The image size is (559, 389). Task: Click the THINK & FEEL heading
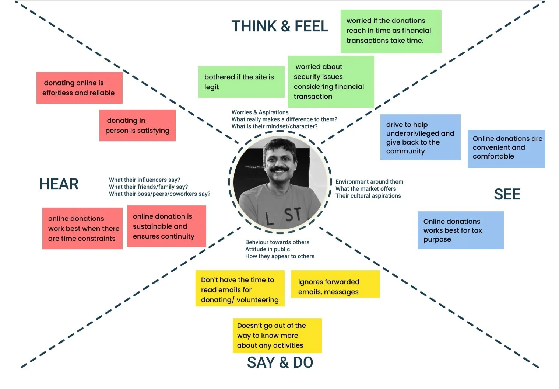pos(280,27)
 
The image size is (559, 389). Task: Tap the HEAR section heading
pos(59,184)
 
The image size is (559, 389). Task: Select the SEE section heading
pos(507,194)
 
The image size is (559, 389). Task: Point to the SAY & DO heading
pos(280,362)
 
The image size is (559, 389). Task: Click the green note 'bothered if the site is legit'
pos(241,82)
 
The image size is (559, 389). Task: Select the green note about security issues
pos(331,81)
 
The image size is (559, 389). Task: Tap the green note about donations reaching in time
pos(391,31)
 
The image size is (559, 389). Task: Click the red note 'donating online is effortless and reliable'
pos(79,88)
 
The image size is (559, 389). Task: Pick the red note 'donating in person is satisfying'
pos(137,125)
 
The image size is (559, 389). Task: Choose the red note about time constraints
pos(82,229)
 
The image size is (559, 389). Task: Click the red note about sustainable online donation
pos(166,226)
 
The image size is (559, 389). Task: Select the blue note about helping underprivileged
pos(420,138)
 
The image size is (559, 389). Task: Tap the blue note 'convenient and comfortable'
pos(506,149)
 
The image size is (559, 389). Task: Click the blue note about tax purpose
pos(460,230)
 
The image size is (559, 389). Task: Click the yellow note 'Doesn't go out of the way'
pos(277,336)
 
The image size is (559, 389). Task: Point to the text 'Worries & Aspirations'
pos(260,112)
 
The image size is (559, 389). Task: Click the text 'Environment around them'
pos(369,182)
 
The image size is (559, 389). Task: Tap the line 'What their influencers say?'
pos(144,180)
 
